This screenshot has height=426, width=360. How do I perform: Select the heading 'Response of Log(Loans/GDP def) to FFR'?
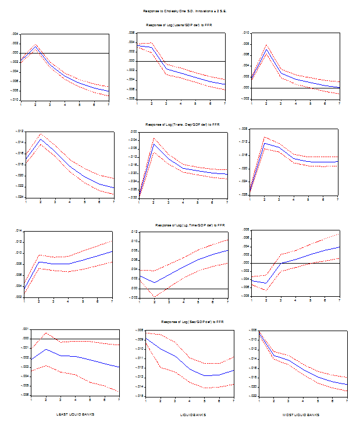tap(179, 26)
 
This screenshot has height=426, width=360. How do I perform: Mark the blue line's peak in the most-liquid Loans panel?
tap(265, 49)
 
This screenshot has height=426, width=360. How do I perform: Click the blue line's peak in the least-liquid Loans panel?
tap(36, 47)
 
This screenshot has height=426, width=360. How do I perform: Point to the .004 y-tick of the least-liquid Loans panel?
tap(15, 34)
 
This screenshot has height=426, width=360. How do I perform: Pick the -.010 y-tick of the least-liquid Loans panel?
tap(15, 100)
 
